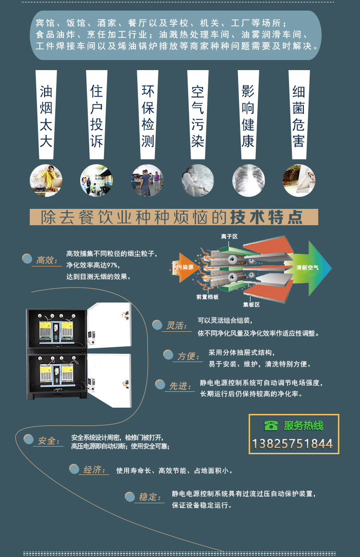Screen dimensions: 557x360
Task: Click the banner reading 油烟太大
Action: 46,115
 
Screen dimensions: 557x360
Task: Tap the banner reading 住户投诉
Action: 96,115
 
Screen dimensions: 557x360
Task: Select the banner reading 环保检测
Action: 147,115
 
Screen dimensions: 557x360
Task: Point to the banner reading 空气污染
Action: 198,115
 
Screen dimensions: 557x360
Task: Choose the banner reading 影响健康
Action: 248,115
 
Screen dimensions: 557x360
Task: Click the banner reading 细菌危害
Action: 299,115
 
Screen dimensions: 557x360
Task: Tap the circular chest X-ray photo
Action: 248,181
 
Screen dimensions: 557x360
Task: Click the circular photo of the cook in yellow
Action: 46,181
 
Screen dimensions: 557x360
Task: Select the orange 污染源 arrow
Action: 185,267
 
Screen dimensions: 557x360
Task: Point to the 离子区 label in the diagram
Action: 229,236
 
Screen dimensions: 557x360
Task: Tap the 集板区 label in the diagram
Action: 251,304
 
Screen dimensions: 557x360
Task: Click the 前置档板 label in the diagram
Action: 207,297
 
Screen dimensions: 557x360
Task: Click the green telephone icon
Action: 271,425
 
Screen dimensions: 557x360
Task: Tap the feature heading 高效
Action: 47,260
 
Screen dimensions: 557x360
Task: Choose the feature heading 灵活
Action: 176,326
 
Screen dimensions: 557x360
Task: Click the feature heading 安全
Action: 48,440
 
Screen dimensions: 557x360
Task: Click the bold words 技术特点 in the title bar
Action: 266,218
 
